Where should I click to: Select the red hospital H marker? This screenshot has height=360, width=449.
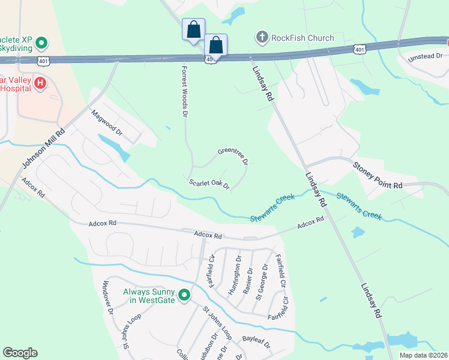pyautogui.click(x=40, y=82)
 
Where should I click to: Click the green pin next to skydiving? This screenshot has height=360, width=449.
pyautogui.click(x=41, y=43)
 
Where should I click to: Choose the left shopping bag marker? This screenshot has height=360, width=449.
pyautogui.click(x=193, y=29)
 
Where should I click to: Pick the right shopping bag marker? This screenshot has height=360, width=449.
pyautogui.click(x=215, y=45)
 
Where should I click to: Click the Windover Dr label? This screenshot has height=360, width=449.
pyautogui.click(x=107, y=298)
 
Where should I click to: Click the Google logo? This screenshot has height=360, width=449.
pyautogui.click(x=20, y=353)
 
